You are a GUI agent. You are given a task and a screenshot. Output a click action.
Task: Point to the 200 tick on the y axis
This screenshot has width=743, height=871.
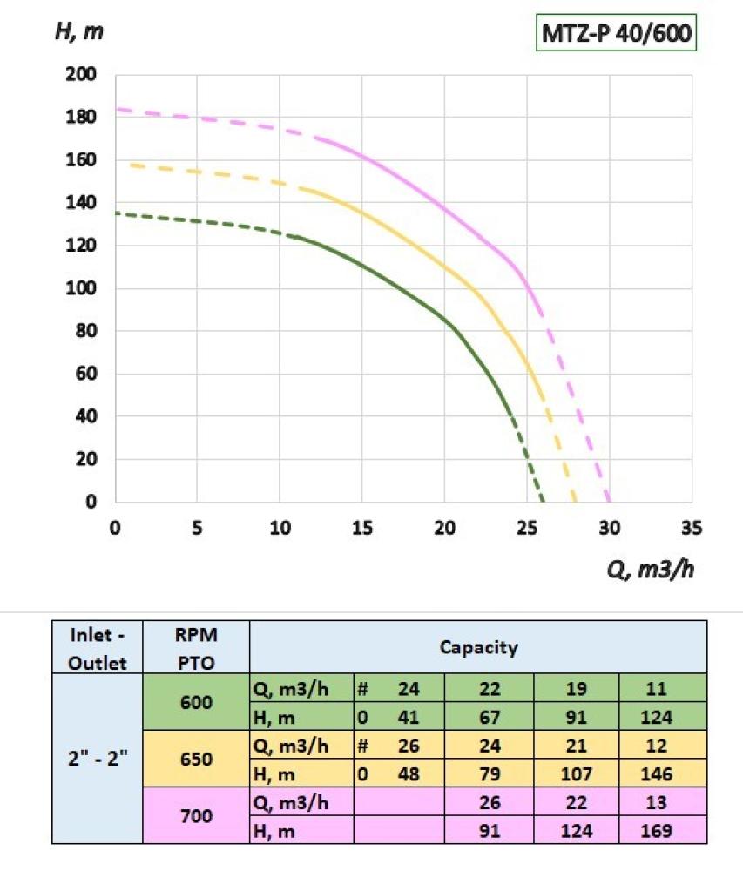click(80, 75)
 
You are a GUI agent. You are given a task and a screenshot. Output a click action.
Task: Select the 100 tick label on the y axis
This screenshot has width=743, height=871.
click(80, 288)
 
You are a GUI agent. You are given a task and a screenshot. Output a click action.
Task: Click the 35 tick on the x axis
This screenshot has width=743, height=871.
click(692, 528)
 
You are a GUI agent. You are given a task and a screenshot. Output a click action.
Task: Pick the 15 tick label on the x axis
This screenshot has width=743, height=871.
click(362, 528)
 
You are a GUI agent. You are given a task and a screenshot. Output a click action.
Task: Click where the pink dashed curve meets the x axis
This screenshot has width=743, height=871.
click(609, 502)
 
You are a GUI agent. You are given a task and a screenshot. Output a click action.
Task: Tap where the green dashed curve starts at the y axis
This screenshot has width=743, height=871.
click(117, 213)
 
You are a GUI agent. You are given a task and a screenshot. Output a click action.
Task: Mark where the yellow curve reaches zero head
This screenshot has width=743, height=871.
click(575, 502)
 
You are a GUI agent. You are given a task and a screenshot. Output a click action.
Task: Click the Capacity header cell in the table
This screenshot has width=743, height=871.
click(478, 647)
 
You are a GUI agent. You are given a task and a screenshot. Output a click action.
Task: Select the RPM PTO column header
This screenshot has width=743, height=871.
click(196, 647)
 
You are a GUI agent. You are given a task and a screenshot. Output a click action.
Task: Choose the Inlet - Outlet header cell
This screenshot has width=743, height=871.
click(98, 647)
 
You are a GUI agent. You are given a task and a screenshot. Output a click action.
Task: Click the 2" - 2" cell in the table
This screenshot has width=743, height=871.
click(98, 758)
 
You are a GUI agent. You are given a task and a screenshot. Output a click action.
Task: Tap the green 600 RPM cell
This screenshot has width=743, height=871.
click(196, 703)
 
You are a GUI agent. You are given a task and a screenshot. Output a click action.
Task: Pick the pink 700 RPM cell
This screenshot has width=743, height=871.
click(196, 816)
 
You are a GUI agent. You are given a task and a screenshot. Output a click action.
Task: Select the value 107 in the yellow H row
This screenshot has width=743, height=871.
click(576, 774)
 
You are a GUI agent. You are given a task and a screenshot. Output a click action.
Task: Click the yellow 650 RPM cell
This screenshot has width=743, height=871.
click(196, 760)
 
